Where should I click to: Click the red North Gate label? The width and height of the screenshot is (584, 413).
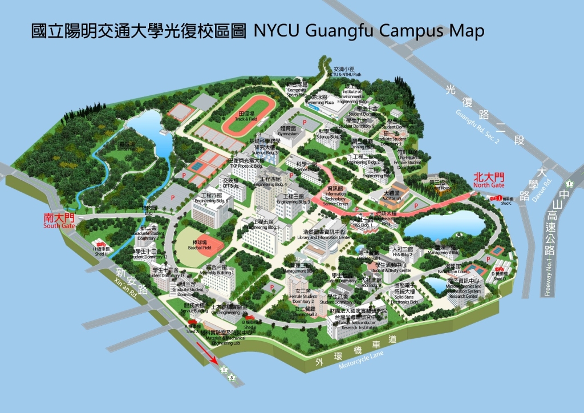point(489,181)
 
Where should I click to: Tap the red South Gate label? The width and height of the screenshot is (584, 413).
point(60,221)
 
